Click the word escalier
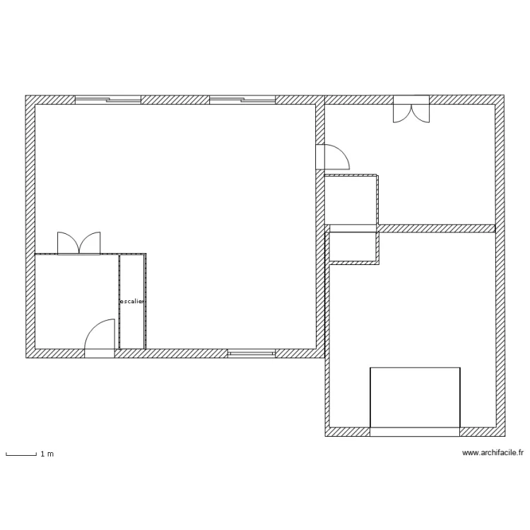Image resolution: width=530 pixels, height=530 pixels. [x=132, y=302]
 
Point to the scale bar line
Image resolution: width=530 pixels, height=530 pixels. [x=20, y=456]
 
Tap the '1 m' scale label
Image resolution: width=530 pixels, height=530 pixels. [x=47, y=454]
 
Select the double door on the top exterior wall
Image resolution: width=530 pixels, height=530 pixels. [x=411, y=110]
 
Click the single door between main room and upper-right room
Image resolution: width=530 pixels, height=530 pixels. [x=334, y=157]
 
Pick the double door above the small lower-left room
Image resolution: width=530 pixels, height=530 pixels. [x=79, y=243]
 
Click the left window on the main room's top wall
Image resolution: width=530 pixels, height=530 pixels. [x=108, y=100]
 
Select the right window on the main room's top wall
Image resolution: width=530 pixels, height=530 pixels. [x=242, y=100]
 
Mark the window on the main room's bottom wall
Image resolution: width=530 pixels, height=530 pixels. [x=251, y=352]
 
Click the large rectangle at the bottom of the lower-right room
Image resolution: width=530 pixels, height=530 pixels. [x=416, y=397]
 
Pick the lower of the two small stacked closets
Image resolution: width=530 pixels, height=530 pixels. [x=353, y=247]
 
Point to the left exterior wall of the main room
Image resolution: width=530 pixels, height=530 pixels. [x=30, y=226]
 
